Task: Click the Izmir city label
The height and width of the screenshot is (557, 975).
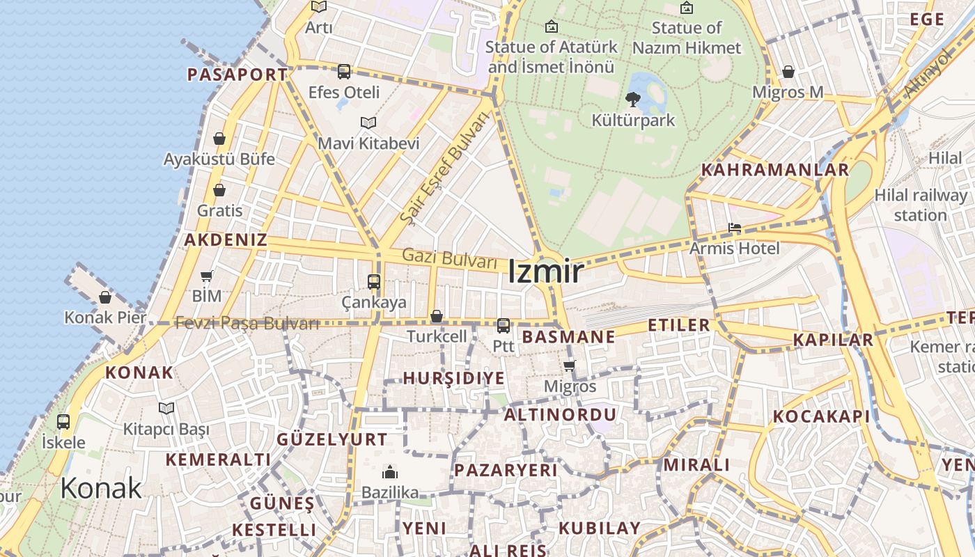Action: tap(545, 272)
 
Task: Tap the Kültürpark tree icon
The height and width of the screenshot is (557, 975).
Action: tap(633, 100)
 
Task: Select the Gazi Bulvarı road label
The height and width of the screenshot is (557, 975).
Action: tap(449, 258)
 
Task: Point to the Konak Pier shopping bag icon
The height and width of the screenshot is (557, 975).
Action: tap(105, 297)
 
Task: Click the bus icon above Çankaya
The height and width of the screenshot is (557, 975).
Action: tap(374, 282)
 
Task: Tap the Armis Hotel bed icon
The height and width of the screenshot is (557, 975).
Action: tap(734, 228)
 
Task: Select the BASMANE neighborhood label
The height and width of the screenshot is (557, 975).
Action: tap(568, 337)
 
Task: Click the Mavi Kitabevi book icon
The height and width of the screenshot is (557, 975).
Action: tap(368, 123)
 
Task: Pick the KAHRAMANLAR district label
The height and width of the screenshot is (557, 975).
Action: tap(774, 170)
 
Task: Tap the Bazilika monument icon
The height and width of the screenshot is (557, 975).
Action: tap(390, 472)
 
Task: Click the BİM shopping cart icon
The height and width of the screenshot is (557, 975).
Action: tap(206, 276)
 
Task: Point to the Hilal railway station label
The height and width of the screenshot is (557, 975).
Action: tap(920, 205)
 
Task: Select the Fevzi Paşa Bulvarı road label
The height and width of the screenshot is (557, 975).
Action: tap(247, 323)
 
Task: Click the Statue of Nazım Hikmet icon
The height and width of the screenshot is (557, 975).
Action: tap(687, 8)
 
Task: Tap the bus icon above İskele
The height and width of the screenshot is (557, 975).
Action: tap(63, 421)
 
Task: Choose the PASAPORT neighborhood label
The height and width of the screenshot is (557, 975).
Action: tap(237, 74)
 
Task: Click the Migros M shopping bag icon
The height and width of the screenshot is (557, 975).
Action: tap(788, 72)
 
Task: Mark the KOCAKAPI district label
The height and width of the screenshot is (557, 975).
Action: tap(821, 416)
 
